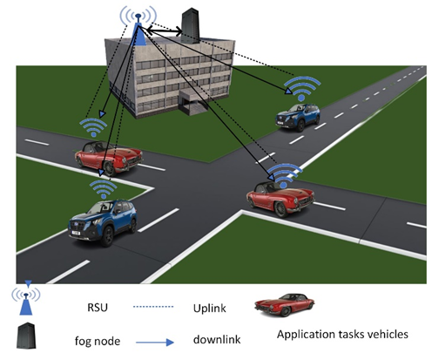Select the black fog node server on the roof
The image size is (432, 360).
click(x=190, y=25)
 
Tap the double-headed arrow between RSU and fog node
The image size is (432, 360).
click(x=165, y=31)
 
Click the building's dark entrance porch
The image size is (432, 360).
click(x=192, y=102)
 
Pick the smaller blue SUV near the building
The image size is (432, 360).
click(x=298, y=116)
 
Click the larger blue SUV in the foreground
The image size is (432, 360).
click(x=103, y=221)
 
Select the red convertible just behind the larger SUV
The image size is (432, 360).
click(x=109, y=157)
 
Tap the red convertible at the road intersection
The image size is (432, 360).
click(x=280, y=199)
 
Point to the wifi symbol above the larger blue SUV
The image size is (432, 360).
click(x=104, y=189)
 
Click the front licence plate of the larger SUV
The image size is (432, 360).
click(x=76, y=233)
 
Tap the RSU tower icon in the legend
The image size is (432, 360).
click(x=26, y=298)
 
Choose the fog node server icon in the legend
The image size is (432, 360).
click(x=26, y=336)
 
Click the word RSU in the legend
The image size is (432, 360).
click(x=98, y=308)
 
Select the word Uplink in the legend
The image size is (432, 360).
click(x=209, y=309)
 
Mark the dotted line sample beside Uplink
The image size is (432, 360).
click(x=153, y=307)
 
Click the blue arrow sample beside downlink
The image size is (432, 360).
click(x=155, y=343)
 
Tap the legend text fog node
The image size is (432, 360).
click(x=98, y=341)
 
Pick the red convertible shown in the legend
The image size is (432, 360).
click(x=285, y=305)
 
